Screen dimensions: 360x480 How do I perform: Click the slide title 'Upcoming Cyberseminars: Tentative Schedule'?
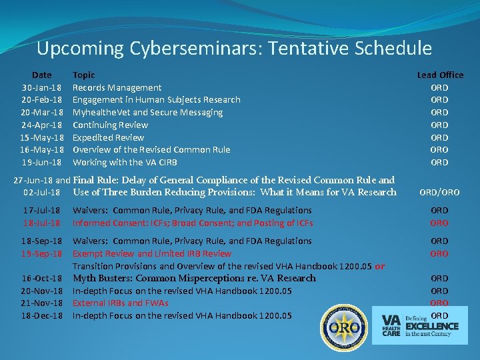pyautogui.click(x=234, y=49)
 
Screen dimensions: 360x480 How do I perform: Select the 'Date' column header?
pyautogui.click(x=41, y=75)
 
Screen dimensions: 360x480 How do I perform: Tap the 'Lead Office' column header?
pyautogui.click(x=440, y=75)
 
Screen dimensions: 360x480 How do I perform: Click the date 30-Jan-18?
pyautogui.click(x=42, y=87)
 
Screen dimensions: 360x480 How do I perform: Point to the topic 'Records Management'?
pyautogui.click(x=117, y=87)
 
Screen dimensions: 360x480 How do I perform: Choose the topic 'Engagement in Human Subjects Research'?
pyautogui.click(x=156, y=100)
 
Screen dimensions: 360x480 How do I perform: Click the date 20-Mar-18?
pyautogui.click(x=42, y=113)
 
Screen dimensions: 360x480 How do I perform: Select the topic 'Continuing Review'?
pyautogui.click(x=110, y=125)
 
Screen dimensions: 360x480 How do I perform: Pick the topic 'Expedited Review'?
pyautogui.click(x=107, y=137)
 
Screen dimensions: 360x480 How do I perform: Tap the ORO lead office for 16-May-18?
pyautogui.click(x=439, y=150)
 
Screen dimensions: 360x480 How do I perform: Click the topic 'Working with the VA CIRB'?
pyautogui.click(x=125, y=162)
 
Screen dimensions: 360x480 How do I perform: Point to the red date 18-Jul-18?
pyautogui.click(x=42, y=223)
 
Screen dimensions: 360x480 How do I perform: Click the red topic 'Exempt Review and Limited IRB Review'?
pyautogui.click(x=152, y=253)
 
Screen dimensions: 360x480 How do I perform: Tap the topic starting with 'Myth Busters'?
pyautogui.click(x=194, y=278)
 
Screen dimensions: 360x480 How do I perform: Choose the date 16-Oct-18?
pyautogui.click(x=42, y=278)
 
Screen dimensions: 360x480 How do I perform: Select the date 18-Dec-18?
pyautogui.click(x=42, y=315)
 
